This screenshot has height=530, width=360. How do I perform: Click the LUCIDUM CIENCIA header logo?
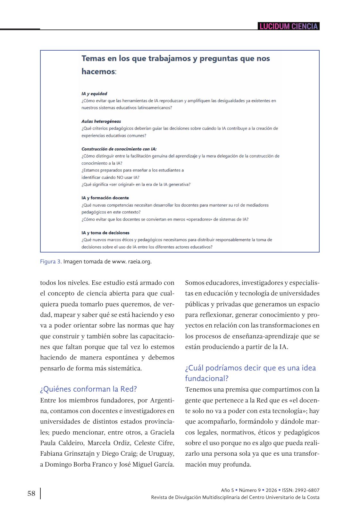(x=289, y=26)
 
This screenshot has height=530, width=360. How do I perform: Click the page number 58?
(x=31, y=493)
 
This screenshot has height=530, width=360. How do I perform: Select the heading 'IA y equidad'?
(x=94, y=94)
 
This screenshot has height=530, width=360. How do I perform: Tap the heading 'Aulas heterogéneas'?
(x=101, y=121)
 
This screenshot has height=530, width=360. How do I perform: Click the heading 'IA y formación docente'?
(x=105, y=198)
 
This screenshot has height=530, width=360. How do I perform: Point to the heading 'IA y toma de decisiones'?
(x=105, y=233)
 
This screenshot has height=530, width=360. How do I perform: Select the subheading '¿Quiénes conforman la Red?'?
(x=88, y=389)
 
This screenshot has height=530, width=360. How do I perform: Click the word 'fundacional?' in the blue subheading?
(x=207, y=378)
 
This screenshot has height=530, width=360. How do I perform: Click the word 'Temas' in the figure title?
(x=93, y=58)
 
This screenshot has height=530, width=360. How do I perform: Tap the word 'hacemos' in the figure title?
(x=98, y=71)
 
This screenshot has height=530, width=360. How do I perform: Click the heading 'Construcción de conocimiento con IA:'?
(x=119, y=149)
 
